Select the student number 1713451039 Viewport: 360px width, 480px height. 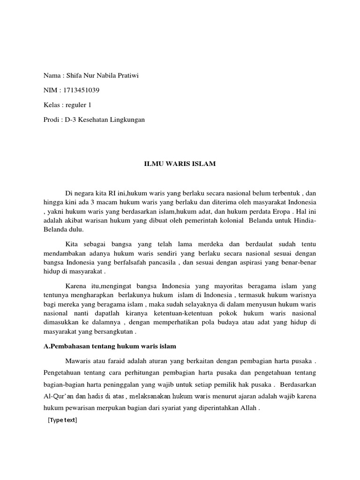pyautogui.click(x=82, y=90)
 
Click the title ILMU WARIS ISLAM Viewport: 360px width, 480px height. pyautogui.click(x=180, y=163)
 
